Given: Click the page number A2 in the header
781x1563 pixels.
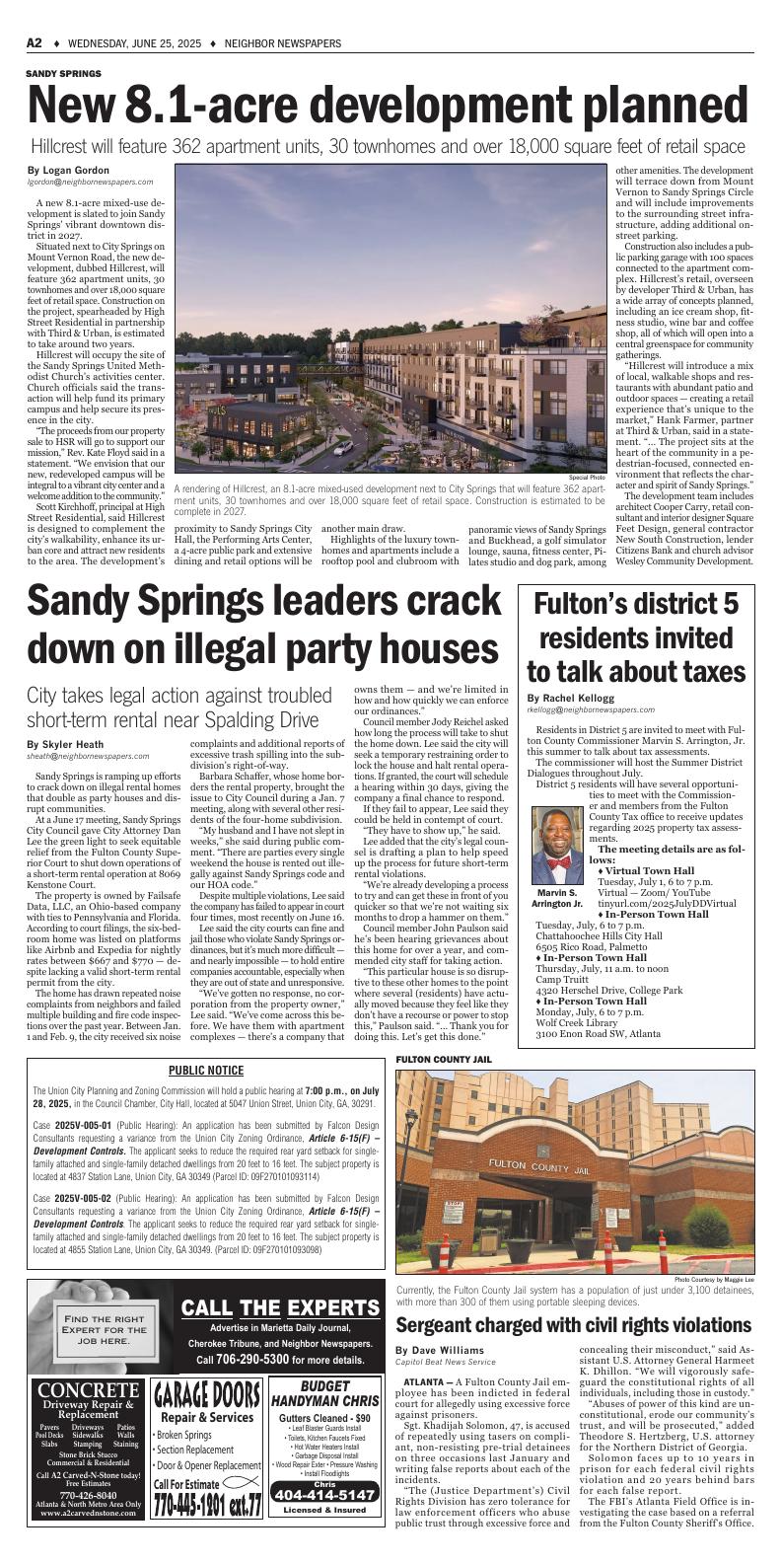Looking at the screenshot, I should tap(34, 43).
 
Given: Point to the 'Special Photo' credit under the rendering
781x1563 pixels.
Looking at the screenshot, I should tap(586, 478).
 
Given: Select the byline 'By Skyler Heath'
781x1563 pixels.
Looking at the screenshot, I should tap(64, 744).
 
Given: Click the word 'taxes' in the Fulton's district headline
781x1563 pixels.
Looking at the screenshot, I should tap(701, 671).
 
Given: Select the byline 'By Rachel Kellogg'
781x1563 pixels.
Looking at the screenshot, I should tap(577, 698).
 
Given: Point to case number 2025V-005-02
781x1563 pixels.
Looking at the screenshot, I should tap(85, 1196).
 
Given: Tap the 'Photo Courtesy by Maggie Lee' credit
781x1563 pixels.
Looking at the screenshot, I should tap(714, 1280).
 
